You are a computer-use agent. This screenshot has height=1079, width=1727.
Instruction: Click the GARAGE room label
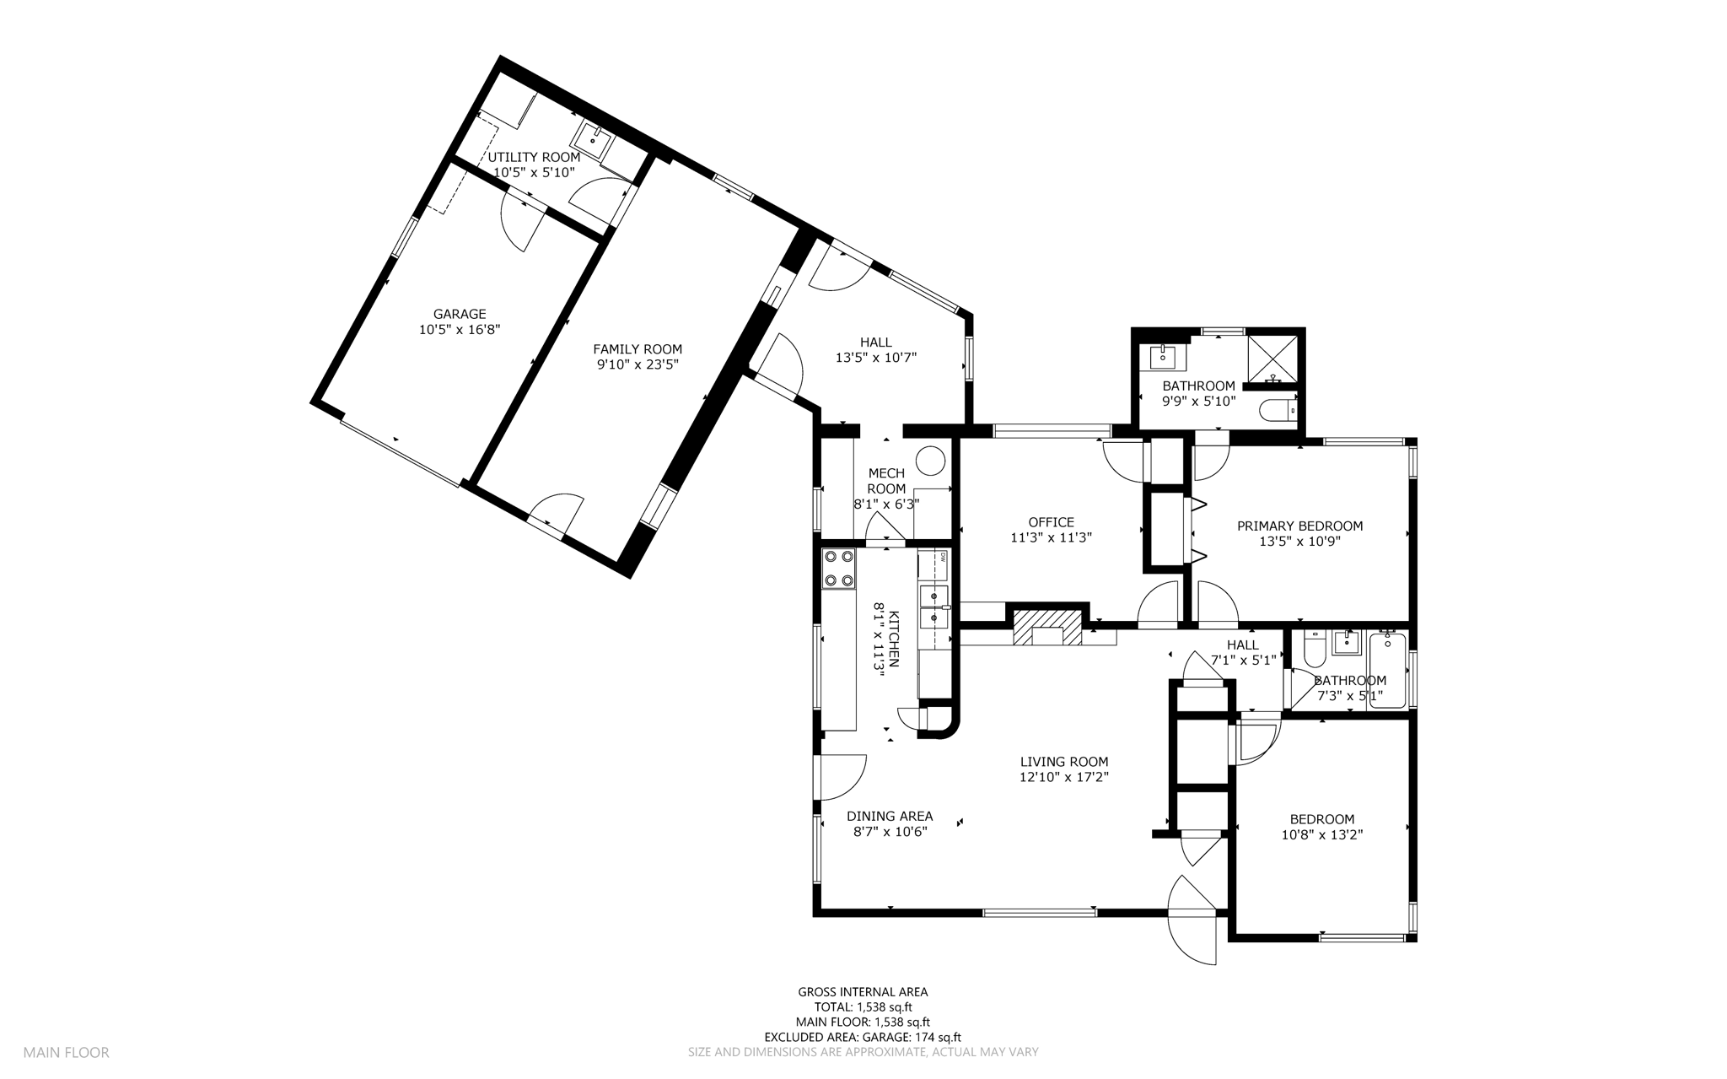460,315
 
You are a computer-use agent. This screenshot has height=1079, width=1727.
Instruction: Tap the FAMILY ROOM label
638,349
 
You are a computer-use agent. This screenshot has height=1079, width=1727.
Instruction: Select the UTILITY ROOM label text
534,157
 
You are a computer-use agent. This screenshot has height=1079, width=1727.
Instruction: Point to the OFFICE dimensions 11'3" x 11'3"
1051,537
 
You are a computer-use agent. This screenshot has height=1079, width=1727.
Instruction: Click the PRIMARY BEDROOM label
1299,526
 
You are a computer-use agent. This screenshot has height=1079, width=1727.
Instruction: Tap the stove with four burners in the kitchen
839,568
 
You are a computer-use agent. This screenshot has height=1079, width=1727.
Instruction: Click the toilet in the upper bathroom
1278,410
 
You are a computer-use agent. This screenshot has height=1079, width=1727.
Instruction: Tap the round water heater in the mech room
932,461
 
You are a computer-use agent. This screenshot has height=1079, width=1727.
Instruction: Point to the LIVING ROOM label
1063,762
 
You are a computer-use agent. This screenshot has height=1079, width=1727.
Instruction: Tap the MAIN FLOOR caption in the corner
66,1053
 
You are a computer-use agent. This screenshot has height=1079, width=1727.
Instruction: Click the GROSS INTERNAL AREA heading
863,992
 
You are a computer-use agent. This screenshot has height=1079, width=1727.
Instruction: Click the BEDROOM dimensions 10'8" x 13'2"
1321,834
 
